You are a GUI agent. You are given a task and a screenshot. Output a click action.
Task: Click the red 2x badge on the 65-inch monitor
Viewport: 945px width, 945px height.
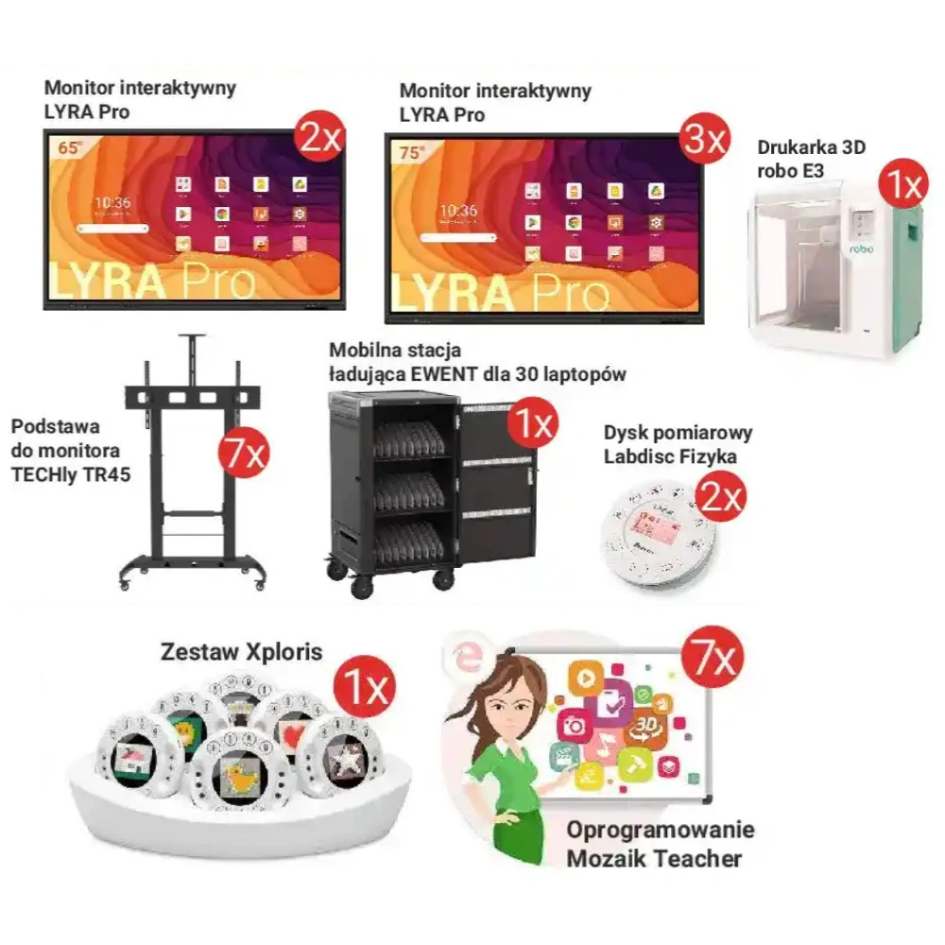pyautogui.click(x=319, y=142)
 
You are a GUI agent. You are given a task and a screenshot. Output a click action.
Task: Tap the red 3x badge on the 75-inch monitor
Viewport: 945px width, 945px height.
pyautogui.click(x=703, y=141)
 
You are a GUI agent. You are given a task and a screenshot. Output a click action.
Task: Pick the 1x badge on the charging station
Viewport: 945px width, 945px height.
pyautogui.click(x=532, y=426)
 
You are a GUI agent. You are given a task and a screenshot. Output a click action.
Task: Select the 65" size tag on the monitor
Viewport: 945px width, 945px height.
pyautogui.click(x=70, y=147)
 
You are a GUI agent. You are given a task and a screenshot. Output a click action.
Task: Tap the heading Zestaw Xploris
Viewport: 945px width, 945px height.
pyautogui.click(x=241, y=652)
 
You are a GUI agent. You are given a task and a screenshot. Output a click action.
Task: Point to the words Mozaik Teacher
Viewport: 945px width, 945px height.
pyautogui.click(x=654, y=858)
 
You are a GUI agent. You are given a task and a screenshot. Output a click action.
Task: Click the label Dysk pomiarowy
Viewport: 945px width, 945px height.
pyautogui.click(x=678, y=433)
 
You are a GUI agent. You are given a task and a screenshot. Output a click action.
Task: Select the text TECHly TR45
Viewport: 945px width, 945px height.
pyautogui.click(x=71, y=472)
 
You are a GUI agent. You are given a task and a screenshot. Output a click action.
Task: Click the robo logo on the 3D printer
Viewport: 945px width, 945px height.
pyautogui.click(x=861, y=249)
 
